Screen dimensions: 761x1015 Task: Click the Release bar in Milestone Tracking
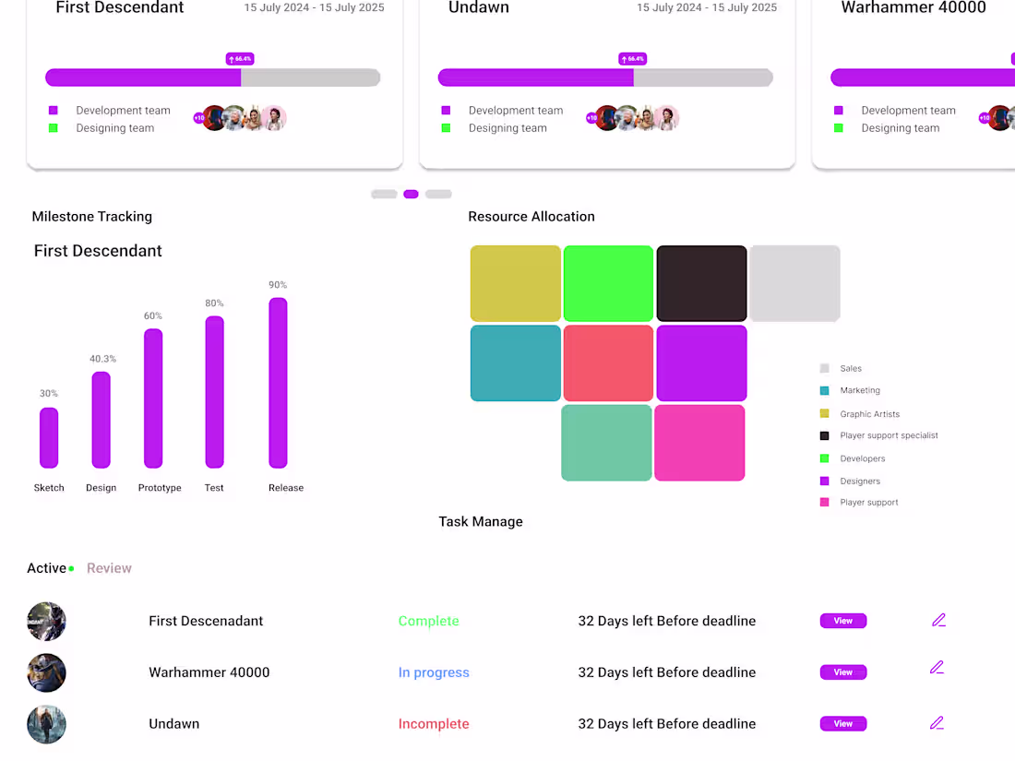278,383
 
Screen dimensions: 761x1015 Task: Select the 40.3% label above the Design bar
102,359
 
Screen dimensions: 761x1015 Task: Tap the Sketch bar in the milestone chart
49,438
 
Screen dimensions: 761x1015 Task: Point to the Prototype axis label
160,488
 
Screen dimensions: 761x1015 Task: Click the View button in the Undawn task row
842,724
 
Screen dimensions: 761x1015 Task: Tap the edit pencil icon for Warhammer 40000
937,668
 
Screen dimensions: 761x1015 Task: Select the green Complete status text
428,622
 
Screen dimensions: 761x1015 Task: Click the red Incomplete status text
434,724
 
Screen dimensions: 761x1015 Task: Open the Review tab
109,568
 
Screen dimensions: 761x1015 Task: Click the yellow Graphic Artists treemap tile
516,283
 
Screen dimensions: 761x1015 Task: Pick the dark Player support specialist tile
701,283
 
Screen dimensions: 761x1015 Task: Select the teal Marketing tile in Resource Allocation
516,363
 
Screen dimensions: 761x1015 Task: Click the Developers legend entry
862,458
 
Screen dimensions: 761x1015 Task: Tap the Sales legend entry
850,368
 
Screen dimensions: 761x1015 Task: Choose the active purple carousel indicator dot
412,195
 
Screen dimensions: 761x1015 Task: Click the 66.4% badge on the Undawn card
632,59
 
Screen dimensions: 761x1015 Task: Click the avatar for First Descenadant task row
46,622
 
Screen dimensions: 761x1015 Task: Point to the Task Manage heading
481,522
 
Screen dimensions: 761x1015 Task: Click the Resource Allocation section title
531,217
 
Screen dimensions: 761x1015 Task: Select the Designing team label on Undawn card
507,128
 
